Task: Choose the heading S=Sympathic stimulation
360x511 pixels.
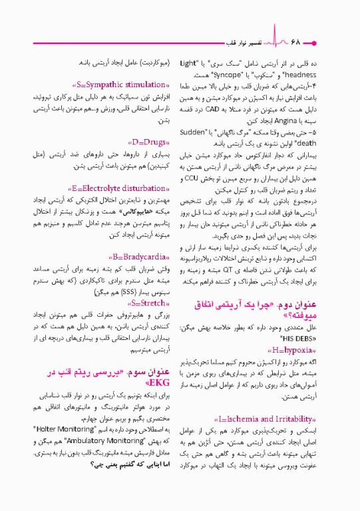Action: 122,86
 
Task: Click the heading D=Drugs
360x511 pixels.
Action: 145,142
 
